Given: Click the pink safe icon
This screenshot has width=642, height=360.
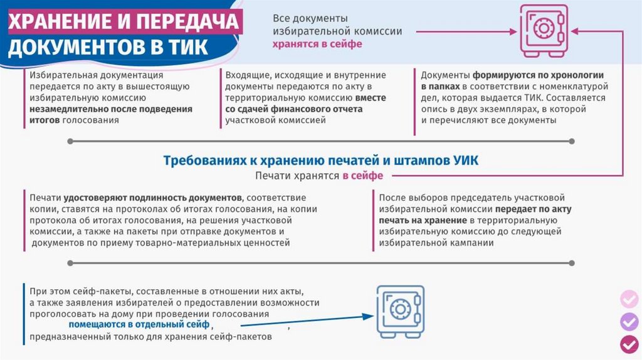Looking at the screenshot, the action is click(544, 30).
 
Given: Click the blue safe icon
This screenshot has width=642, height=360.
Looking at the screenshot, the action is click(401, 311).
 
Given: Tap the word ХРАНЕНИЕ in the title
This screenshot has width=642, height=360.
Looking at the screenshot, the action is click(60, 21).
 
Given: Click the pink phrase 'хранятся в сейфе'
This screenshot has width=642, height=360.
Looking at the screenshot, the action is click(317, 44).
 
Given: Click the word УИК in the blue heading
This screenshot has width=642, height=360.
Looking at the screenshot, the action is click(466, 160).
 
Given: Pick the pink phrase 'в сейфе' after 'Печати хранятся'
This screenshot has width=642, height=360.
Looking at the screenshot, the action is click(363, 176).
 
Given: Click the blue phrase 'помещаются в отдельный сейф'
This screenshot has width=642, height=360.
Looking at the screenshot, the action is click(139, 325).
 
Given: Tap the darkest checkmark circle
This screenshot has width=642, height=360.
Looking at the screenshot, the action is click(629, 344).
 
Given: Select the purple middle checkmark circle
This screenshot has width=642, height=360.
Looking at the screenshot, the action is click(629, 322).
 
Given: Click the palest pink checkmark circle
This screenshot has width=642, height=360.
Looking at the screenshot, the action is click(629, 299).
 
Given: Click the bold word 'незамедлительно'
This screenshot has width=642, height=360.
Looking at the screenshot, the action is click(75, 109).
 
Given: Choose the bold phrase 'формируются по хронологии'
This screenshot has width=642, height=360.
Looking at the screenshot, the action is click(538, 75).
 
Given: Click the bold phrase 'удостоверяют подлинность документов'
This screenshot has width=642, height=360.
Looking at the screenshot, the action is click(152, 198).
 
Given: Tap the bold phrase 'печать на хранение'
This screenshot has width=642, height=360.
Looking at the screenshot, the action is click(423, 220).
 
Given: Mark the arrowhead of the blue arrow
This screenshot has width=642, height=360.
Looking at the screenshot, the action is click(369, 315).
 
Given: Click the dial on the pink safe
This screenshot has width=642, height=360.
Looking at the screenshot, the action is click(544, 28).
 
